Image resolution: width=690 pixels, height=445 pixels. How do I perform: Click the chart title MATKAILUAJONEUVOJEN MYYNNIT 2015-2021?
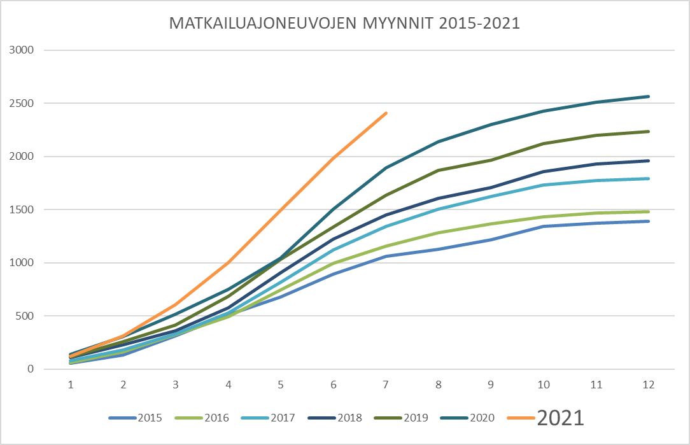[x=344, y=24]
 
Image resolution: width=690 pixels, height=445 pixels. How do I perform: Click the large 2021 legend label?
[x=560, y=417]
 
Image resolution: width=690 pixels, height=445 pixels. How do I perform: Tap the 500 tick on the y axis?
[x=27, y=316]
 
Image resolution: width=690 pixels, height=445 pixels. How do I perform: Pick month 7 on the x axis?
[x=385, y=385]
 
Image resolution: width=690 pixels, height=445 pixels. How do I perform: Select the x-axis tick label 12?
[x=648, y=385]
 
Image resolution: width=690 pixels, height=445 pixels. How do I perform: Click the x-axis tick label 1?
[x=71, y=385]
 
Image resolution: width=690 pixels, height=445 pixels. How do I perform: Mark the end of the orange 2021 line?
[x=386, y=113]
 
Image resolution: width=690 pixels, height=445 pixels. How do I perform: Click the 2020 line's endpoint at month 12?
[x=649, y=97]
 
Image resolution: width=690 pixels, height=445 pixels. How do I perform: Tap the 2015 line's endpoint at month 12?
[x=649, y=222]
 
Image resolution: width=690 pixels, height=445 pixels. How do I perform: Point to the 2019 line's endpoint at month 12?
[x=649, y=132]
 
